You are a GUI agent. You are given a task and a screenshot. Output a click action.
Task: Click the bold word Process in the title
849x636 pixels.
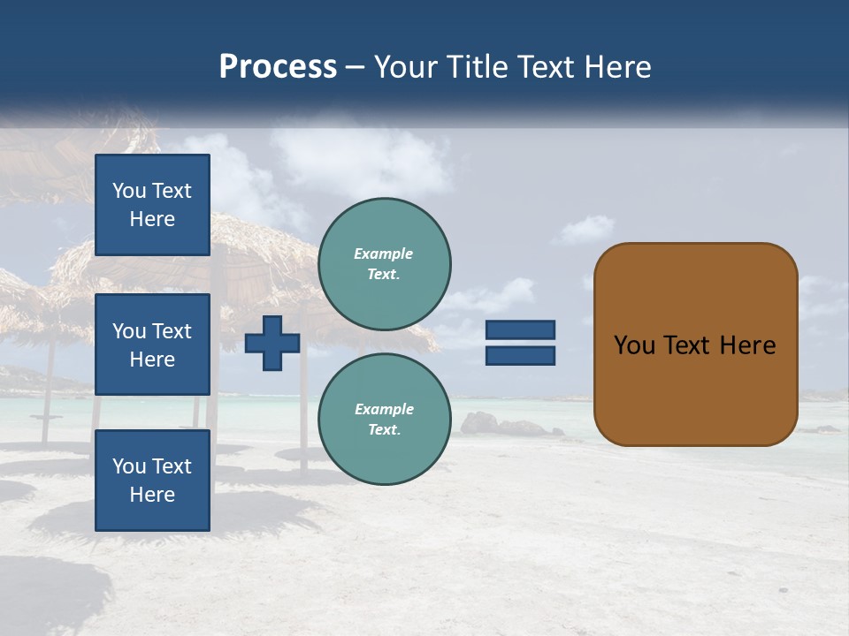(278, 67)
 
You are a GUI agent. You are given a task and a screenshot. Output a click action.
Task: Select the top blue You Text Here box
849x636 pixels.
(152, 205)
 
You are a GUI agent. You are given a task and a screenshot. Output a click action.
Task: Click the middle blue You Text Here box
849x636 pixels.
(152, 344)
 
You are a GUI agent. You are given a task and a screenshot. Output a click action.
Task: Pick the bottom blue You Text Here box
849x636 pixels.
(152, 480)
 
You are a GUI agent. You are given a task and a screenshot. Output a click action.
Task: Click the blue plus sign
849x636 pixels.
(272, 342)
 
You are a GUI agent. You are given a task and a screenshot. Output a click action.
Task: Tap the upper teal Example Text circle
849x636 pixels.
(384, 264)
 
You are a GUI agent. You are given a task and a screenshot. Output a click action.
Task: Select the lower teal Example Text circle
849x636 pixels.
(384, 420)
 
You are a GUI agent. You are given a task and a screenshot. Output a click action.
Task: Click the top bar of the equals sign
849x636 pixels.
(520, 329)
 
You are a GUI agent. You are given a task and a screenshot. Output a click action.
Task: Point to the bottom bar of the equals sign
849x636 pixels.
(520, 355)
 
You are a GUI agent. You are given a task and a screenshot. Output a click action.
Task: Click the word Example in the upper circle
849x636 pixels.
(384, 254)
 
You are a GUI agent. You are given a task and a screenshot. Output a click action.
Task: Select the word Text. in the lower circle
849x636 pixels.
(384, 430)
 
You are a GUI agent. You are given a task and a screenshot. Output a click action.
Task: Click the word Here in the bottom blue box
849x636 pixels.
(152, 495)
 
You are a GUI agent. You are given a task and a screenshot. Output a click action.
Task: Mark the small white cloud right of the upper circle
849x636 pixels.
(585, 231)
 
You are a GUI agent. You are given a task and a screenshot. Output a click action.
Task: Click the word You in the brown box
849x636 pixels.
(634, 345)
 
